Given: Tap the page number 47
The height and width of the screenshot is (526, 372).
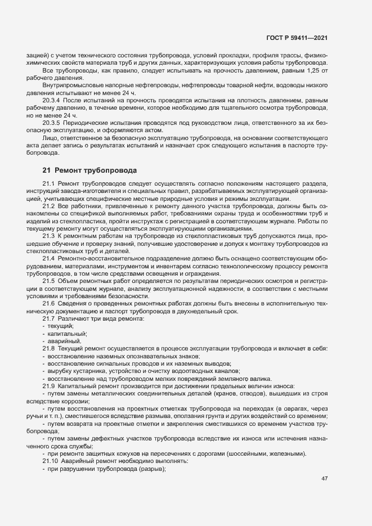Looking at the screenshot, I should [324, 479].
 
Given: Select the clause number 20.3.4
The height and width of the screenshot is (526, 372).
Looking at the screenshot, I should [51, 100].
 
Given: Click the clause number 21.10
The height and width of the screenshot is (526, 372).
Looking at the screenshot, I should [49, 460].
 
